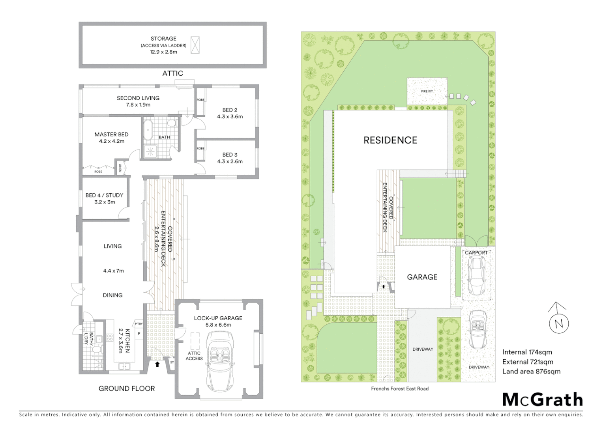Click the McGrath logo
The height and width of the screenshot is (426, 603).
(543, 400)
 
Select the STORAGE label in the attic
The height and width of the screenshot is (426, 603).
(163, 39)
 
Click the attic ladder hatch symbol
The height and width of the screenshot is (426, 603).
(195, 45)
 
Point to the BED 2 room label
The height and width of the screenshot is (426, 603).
(230, 110)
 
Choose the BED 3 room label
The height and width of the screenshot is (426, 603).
(230, 155)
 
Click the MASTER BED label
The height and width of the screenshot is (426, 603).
(111, 135)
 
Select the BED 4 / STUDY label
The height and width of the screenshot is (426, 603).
(104, 195)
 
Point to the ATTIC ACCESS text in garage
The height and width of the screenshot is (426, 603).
(194, 356)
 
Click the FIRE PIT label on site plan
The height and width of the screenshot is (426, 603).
(427, 92)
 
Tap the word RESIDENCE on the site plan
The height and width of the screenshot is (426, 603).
(390, 140)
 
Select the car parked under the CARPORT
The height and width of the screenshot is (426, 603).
(476, 275)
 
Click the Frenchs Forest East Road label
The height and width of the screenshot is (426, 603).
(399, 389)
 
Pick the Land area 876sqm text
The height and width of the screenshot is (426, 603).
(531, 371)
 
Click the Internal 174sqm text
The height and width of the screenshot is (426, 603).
(527, 352)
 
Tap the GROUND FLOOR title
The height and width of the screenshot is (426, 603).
(127, 389)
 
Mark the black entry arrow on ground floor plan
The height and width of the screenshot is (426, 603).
(157, 364)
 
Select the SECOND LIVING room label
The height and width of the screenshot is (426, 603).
(138, 98)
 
